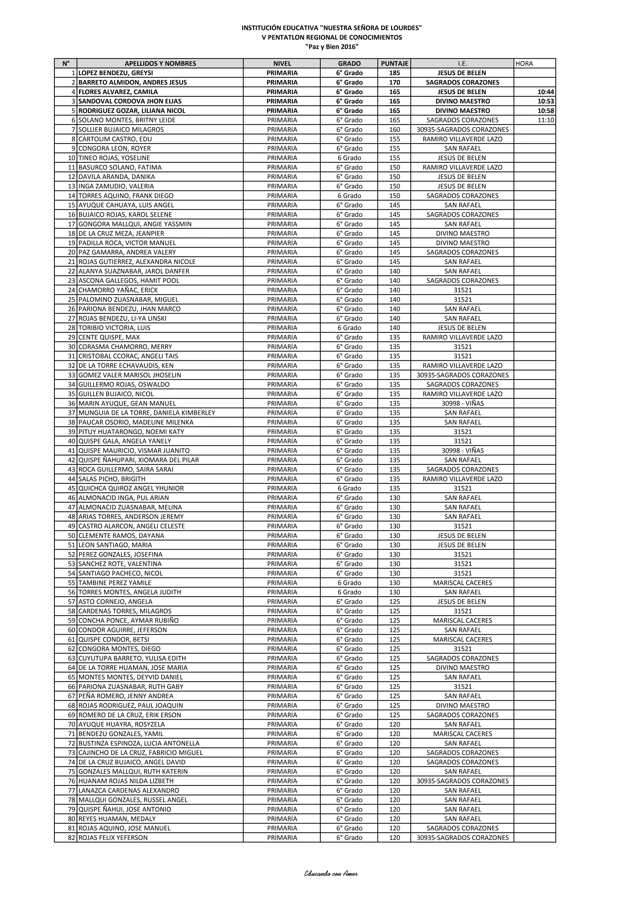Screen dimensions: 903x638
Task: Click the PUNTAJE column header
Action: tap(394, 63)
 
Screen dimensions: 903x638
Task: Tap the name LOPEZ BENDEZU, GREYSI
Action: tap(116, 73)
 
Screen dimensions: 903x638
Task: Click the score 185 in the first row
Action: tap(394, 73)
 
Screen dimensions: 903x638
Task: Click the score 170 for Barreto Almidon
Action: tap(394, 82)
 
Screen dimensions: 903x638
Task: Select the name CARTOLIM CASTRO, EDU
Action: tap(115, 139)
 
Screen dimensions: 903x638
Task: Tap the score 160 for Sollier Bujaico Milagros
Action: tap(394, 129)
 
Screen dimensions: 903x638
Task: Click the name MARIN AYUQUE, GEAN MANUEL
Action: tap(127, 403)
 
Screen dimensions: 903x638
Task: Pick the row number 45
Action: tap(72, 488)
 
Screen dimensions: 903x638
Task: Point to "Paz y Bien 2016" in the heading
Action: tap(332, 47)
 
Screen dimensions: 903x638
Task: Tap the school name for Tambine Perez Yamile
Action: tap(462, 583)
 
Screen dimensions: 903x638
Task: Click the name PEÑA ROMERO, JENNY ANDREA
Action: tap(126, 696)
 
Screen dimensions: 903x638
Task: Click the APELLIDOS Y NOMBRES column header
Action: tap(160, 63)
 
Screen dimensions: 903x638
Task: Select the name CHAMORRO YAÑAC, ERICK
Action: tap(118, 290)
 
